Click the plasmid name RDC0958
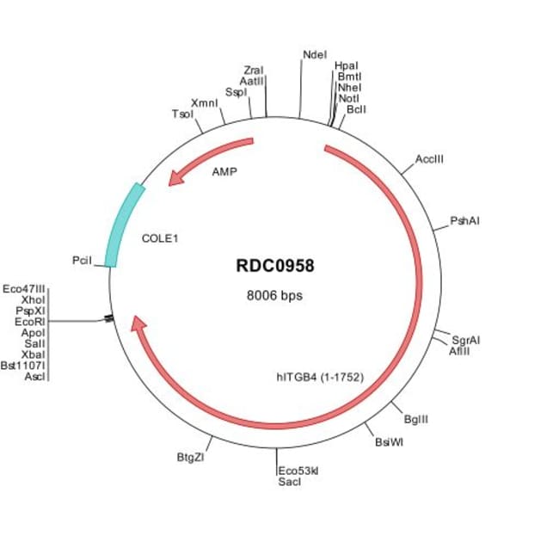[x=275, y=266]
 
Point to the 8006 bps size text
[x=274, y=295]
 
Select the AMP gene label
[x=224, y=172]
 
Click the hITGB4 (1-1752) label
[x=320, y=377]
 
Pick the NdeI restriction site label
[x=315, y=54]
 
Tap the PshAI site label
[x=464, y=221]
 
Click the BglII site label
[x=416, y=419]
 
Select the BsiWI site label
[x=389, y=442]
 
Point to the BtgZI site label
[x=191, y=457]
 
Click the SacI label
[x=290, y=482]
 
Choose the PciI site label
[x=82, y=261]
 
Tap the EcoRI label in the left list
[x=30, y=322]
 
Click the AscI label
[x=35, y=377]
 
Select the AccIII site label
[x=429, y=159]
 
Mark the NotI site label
[x=348, y=98]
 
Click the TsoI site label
[x=182, y=114]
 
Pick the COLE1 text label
[x=160, y=238]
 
